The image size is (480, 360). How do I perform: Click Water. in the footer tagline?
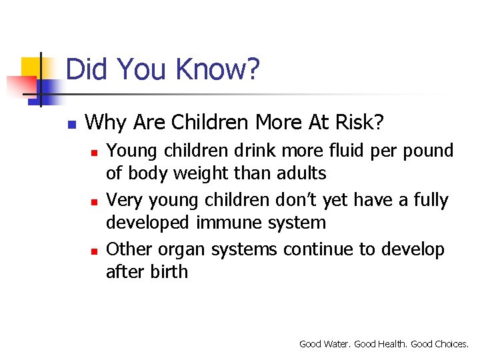tap(336, 344)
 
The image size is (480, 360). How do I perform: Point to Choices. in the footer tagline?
tap(451, 344)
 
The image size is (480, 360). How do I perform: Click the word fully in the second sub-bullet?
tap(426, 200)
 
